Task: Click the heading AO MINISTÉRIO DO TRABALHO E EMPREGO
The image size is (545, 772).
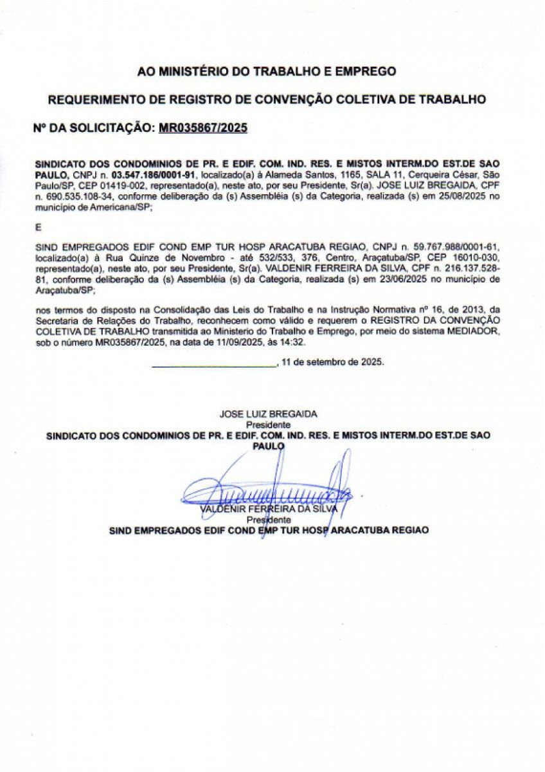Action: [267, 71]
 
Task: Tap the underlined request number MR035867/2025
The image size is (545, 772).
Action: [202, 128]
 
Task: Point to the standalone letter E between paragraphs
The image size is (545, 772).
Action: [37, 227]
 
